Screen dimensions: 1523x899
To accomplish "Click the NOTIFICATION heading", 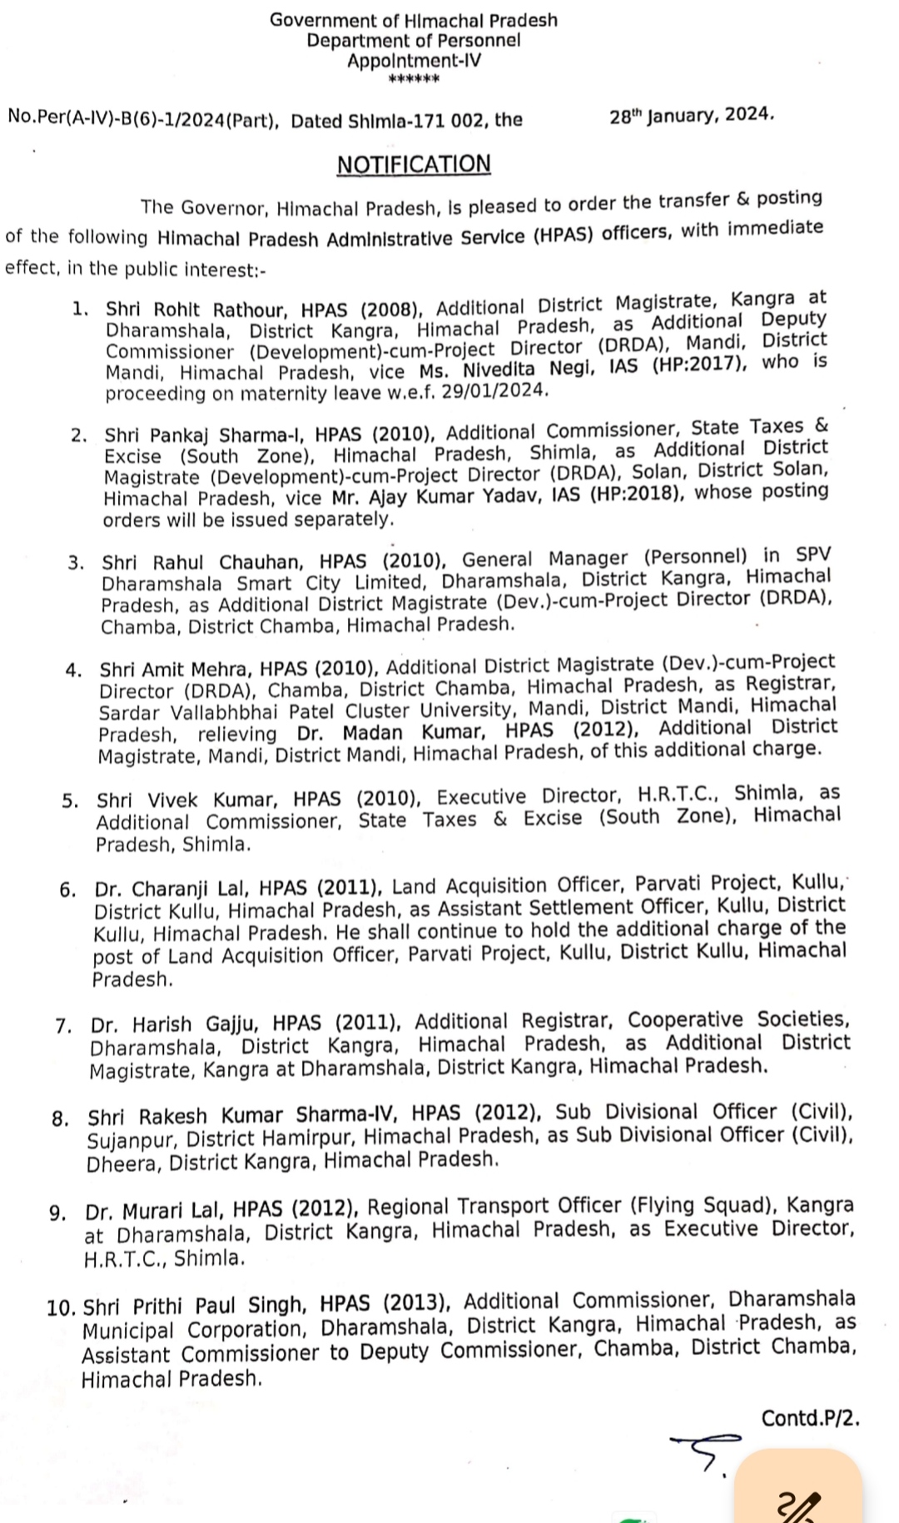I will (414, 164).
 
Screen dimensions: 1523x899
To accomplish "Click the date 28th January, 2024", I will (692, 116).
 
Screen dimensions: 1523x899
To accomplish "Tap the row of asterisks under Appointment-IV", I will (414, 80).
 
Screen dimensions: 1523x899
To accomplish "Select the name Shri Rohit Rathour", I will (196, 310).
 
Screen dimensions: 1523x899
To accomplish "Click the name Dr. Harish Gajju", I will (176, 1024).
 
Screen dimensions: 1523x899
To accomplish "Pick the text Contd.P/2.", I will (809, 1417).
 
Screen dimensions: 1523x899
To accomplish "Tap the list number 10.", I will (62, 1308).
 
